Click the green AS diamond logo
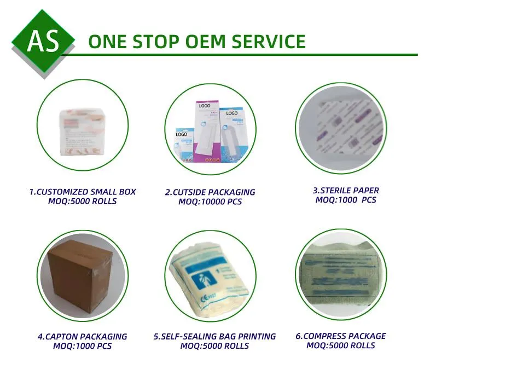tap(43, 41)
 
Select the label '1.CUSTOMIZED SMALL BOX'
tap(83, 192)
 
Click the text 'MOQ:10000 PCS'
tap(210, 202)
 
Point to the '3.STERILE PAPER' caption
tap(346, 191)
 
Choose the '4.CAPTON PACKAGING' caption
tap(82, 337)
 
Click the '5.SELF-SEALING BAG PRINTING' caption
tap(214, 337)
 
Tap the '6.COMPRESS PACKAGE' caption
tap(341, 336)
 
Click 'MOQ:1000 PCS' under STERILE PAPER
tap(346, 200)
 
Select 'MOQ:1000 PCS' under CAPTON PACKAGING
tap(82, 346)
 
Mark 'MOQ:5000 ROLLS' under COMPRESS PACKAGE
tap(341, 346)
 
